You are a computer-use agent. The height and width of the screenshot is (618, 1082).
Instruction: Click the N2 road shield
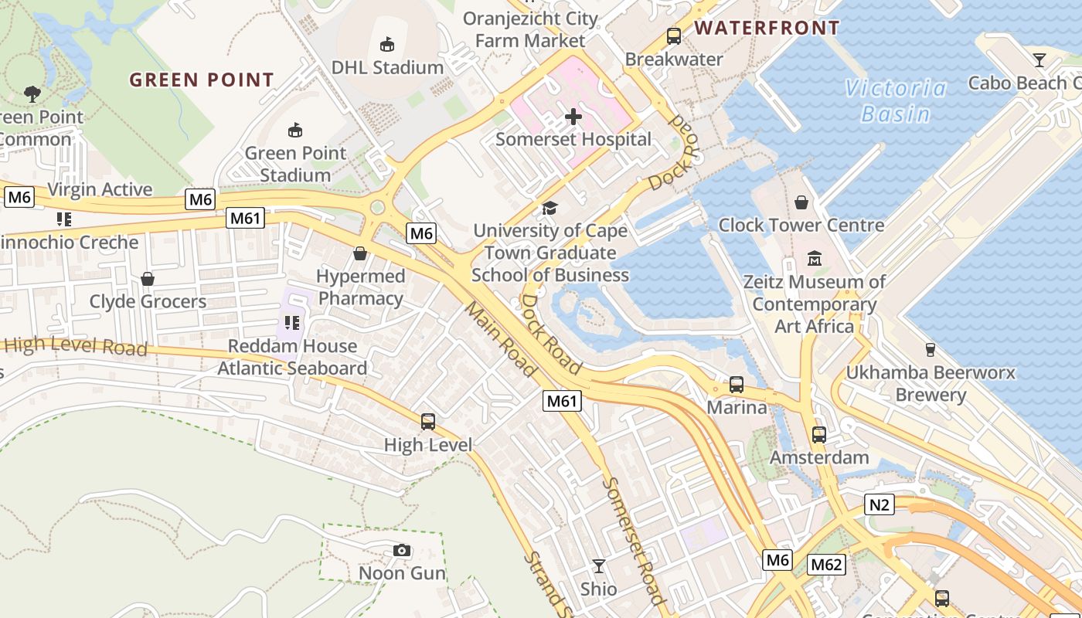coord(880,505)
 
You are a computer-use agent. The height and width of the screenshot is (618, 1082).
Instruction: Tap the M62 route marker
coord(826,565)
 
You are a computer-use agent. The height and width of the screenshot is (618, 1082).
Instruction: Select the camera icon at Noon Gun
coord(402,550)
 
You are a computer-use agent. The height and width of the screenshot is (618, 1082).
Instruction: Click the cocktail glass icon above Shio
coord(599,566)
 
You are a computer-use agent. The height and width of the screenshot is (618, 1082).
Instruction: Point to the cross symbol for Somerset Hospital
coord(573,117)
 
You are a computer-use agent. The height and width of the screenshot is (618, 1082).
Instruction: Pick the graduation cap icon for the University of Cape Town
coord(550,207)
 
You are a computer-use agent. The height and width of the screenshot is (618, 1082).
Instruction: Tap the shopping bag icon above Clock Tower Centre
coord(801,202)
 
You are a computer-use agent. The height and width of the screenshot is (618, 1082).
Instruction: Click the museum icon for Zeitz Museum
coord(815,258)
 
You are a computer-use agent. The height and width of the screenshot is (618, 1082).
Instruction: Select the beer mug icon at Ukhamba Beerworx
coord(931,350)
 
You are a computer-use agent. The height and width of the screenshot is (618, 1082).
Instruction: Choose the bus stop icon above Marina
coord(737,384)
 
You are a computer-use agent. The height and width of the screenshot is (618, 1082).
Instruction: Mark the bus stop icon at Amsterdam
coord(819,435)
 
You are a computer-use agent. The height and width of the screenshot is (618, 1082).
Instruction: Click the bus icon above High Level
coord(428,422)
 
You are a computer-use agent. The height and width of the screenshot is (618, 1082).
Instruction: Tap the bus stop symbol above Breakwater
coord(674,36)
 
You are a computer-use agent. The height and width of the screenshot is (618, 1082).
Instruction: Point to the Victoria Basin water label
coord(896,100)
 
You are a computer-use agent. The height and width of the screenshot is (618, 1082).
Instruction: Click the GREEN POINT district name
coord(202,80)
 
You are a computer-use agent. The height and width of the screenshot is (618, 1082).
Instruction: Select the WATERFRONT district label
coord(767,29)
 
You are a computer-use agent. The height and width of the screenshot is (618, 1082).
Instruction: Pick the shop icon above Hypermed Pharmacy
coord(360,253)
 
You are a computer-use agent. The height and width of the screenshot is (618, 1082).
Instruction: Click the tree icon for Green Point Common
coord(32,94)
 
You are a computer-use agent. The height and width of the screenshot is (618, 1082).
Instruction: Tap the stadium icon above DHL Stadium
coord(387,44)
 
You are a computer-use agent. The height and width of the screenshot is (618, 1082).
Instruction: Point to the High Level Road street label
coord(76,345)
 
